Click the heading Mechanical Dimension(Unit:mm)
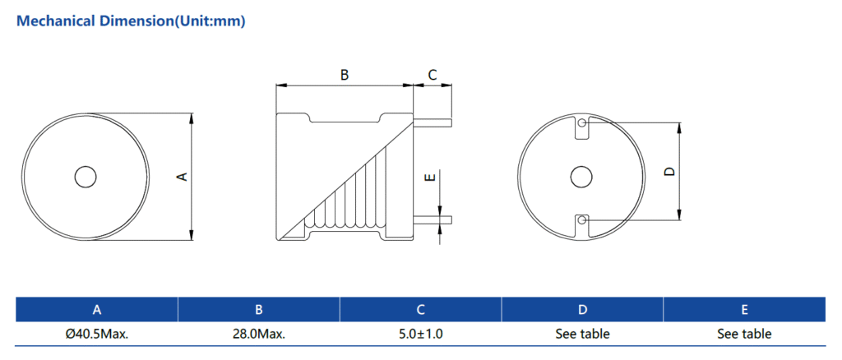point(131,21)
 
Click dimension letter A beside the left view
point(183,176)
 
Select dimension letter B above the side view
point(345,75)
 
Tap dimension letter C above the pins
point(433,75)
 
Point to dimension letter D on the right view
point(669,172)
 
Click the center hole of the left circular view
point(85,177)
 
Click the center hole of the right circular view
point(581,177)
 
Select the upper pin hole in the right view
point(582,124)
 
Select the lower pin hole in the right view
point(582,219)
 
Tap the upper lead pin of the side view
point(433,122)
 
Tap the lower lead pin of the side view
point(433,219)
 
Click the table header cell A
point(97,310)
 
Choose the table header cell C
point(420,310)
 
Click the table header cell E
point(744,310)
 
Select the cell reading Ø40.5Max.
point(97,334)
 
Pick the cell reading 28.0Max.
point(258,334)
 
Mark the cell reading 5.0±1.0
point(420,334)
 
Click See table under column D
point(582,334)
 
